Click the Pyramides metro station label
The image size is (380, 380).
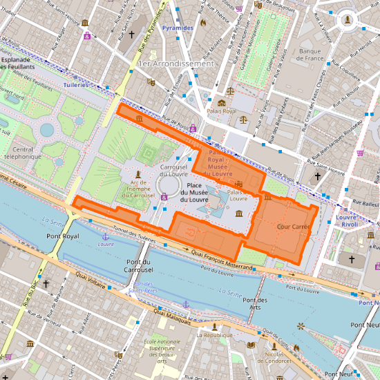[177, 28]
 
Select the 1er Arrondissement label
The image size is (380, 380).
[175, 64]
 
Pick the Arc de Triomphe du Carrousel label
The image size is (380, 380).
[137, 190]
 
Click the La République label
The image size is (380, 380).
[211, 335]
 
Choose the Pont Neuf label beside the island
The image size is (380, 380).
[364, 325]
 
